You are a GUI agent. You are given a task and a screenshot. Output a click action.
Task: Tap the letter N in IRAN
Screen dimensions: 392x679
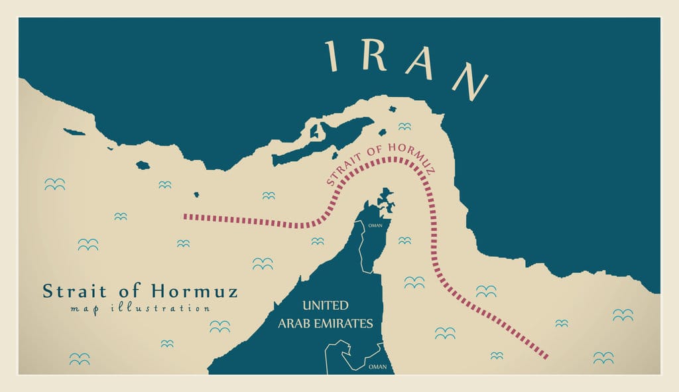(470, 81)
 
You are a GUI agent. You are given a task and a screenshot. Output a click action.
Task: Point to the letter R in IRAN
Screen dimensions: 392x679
(375, 58)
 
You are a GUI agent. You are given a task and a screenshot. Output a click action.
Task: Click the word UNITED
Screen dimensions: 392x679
(325, 306)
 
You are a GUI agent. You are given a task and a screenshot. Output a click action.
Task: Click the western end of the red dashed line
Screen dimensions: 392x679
(186, 216)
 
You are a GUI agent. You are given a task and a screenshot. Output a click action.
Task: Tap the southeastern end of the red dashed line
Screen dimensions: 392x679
(545, 357)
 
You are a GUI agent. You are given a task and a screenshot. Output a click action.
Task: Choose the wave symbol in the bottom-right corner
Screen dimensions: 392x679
(603, 358)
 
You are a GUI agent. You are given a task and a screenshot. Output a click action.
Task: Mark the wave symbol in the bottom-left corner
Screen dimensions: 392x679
(80, 359)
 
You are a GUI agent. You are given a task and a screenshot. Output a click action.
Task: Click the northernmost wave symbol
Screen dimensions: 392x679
(404, 126)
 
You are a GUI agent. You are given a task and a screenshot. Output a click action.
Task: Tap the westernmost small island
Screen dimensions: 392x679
(74, 132)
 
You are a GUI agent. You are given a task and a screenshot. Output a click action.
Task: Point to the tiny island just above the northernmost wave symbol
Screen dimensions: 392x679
(393, 109)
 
